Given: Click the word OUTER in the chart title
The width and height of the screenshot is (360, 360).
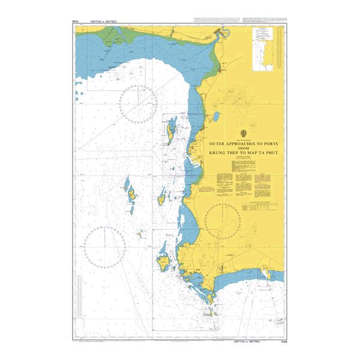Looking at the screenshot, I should point(218,145).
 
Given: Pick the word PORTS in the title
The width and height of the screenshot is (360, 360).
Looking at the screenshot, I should point(276,145).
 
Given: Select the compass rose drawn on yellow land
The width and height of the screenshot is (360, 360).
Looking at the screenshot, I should point(223,220).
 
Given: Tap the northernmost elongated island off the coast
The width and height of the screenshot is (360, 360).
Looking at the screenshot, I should point(171,127).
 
